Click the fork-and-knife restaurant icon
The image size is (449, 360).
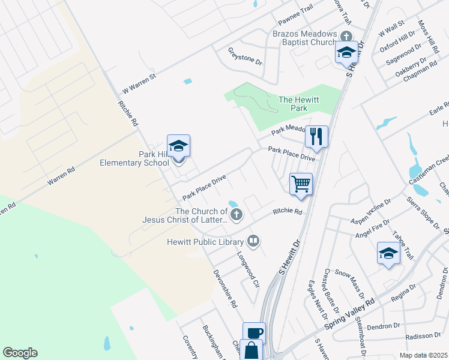pyautogui.click(x=316, y=137)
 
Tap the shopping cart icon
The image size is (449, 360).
pyautogui.click(x=301, y=184)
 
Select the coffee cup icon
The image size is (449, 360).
pyautogui.click(x=253, y=333)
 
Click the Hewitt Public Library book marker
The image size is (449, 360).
pyautogui.click(x=253, y=241)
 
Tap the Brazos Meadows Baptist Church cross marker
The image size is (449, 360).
pyautogui.click(x=345, y=36)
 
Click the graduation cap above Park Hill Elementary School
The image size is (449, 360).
pyautogui.click(x=178, y=146)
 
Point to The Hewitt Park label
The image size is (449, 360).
pyautogui.click(x=293, y=104)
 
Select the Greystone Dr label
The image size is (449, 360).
pyautogui.click(x=245, y=56)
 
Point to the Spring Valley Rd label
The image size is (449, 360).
pyautogui.click(x=349, y=316)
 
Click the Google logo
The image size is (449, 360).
pyautogui.click(x=20, y=353)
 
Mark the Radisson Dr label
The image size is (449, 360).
pyautogui.click(x=419, y=337)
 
